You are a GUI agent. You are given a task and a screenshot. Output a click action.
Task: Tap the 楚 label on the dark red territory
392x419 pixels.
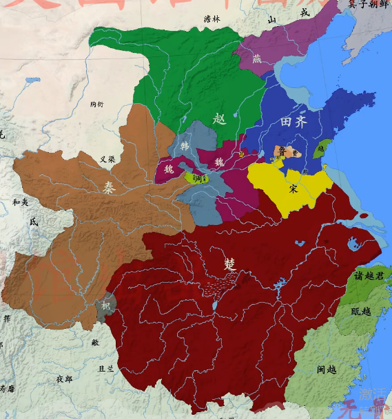pos(229,264)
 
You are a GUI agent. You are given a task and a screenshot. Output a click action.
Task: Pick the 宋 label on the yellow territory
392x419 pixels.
pos(294,189)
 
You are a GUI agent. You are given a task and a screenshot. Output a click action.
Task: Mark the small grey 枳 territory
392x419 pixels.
pos(105,306)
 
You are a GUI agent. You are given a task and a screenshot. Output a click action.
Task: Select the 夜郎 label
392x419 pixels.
pos(64,378)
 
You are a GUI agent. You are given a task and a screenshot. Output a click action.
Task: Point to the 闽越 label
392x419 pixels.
pos(327,370)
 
